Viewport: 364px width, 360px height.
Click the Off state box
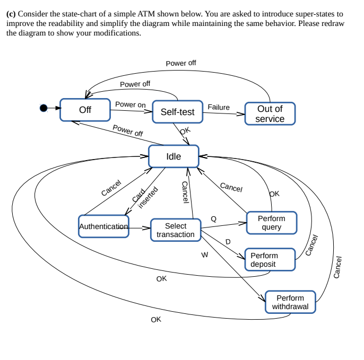(x=85, y=110)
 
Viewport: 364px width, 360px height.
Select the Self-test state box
(x=177, y=112)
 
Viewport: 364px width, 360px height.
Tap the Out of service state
(x=270, y=113)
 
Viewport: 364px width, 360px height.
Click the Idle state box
(x=174, y=156)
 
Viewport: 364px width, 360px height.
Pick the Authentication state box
(x=103, y=226)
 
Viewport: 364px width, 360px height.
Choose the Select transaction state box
(x=176, y=230)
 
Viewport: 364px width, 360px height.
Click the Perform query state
(x=271, y=223)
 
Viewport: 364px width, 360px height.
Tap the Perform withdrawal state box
(x=290, y=302)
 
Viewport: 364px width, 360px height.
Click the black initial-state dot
(x=45, y=108)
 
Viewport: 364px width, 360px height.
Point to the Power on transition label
(x=130, y=104)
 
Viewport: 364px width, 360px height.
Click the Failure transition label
(x=219, y=107)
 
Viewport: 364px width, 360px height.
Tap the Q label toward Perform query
(x=214, y=218)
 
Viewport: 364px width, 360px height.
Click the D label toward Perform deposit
(x=228, y=242)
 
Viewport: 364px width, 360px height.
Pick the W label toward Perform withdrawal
(x=204, y=255)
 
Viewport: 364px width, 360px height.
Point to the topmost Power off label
(x=180, y=63)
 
